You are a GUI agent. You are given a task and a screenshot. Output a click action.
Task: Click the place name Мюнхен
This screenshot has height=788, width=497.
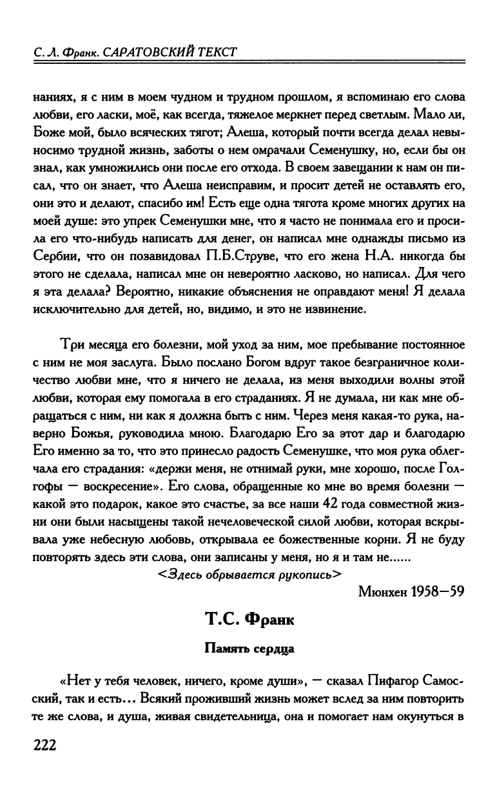click(x=387, y=591)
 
